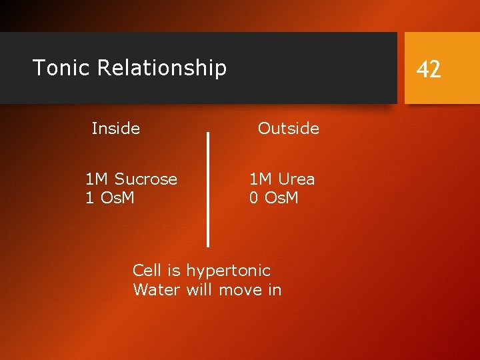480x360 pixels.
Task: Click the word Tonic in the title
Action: click(x=61, y=68)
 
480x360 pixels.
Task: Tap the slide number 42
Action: click(x=429, y=69)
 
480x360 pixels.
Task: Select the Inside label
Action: click(x=115, y=128)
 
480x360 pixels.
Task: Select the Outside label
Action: click(x=289, y=128)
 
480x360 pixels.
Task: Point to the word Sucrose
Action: click(x=146, y=179)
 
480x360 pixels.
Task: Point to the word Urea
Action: click(x=297, y=179)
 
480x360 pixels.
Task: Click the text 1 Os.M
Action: click(x=110, y=198)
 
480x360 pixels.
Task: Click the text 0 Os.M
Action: click(x=274, y=198)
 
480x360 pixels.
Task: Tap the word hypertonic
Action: click(x=228, y=271)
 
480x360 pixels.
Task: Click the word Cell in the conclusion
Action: click(x=147, y=270)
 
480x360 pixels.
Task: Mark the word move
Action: click(x=241, y=290)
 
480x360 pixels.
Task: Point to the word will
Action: click(x=199, y=290)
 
